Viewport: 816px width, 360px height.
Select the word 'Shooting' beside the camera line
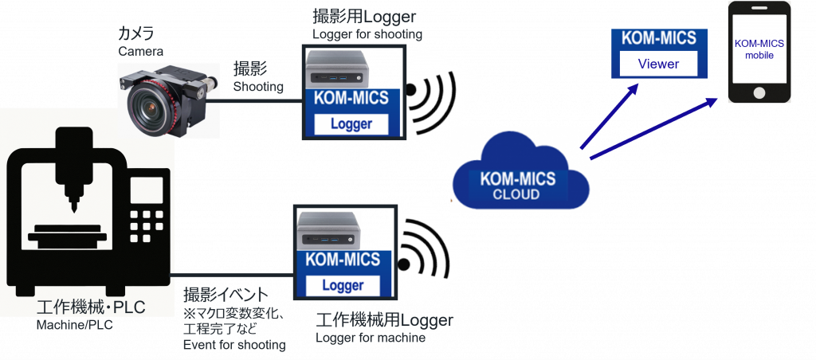258,87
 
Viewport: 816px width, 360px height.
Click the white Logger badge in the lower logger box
343,284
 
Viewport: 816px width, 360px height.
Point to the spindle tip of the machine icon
73,208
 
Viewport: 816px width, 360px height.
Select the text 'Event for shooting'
233,344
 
